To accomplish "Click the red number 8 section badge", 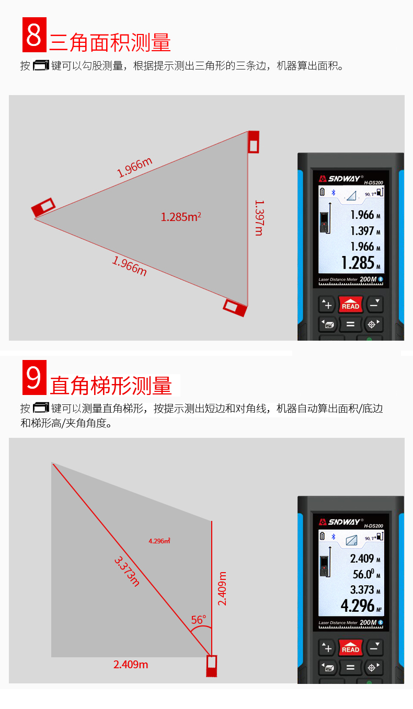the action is tap(34, 34).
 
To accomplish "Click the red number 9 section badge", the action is tap(34, 377).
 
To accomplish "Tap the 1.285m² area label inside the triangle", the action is tap(181, 217).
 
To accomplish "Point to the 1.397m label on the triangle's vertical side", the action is tap(259, 218).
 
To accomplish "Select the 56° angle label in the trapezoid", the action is tap(199, 620).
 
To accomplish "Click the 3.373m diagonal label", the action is tap(127, 571).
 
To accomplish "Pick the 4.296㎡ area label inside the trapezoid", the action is tap(159, 541).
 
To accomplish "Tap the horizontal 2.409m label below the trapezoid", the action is tap(131, 665).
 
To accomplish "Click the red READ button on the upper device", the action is tap(350, 305).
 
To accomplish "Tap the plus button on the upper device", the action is tap(327, 305).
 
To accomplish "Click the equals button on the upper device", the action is tap(350, 324).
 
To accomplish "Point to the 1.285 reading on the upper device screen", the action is tap(358, 263).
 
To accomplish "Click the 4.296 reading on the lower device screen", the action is tap(358, 606).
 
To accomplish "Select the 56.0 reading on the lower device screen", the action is tap(363, 574).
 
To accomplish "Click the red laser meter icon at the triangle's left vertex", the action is tap(43, 207).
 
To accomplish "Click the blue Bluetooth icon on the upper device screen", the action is tap(333, 192).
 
